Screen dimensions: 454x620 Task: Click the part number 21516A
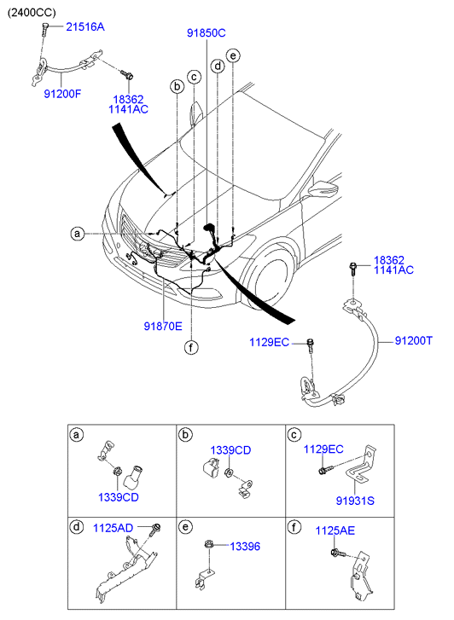pos(85,27)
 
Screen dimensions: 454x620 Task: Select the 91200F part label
pos(62,94)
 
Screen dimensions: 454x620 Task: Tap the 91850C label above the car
pos(207,33)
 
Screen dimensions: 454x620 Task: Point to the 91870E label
pos(163,327)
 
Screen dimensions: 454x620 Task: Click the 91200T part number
pos(414,340)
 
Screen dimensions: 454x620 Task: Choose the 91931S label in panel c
pos(355,501)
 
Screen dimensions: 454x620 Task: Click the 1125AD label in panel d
pos(113,528)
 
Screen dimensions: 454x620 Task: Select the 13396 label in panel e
pos(245,547)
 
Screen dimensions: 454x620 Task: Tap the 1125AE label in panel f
pos(335,530)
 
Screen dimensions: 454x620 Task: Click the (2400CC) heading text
pos(32,13)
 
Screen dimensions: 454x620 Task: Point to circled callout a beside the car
pos(77,234)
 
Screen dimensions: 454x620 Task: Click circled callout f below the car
pos(191,348)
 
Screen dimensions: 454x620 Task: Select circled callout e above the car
pos(233,55)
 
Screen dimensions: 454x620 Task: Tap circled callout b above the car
pos(177,86)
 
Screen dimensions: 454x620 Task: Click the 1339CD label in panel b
pos(230,450)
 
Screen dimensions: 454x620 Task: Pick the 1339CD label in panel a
pos(119,497)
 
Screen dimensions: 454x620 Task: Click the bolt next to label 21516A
pos(44,28)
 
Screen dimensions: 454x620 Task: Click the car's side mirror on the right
pos(323,189)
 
